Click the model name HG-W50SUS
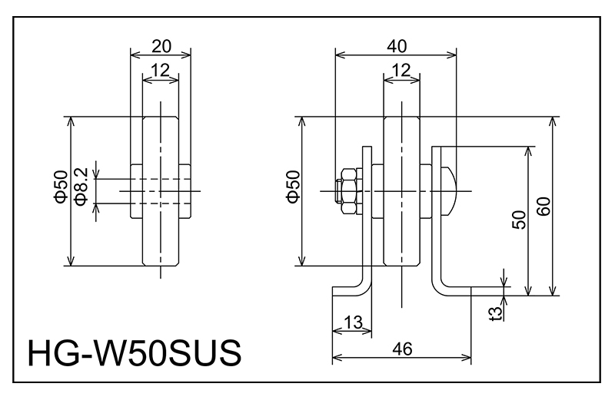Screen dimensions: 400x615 point(135,354)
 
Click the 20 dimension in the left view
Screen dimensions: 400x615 point(161,45)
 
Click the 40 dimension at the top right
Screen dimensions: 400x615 point(396,45)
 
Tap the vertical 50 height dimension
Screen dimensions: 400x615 point(518,220)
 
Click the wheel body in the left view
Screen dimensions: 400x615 point(161,230)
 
